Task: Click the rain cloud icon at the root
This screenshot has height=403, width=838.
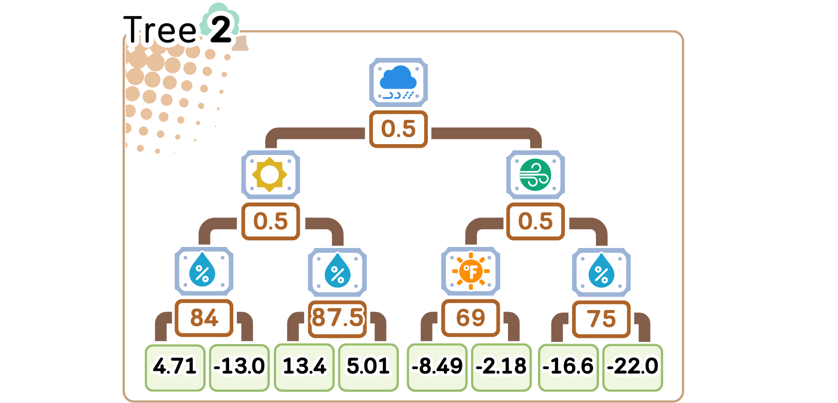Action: pyautogui.click(x=398, y=82)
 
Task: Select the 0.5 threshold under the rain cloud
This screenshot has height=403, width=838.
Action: pyautogui.click(x=398, y=129)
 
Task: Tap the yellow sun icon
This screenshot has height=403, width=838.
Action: pyautogui.click(x=270, y=175)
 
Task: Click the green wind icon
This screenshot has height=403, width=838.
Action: pyautogui.click(x=535, y=175)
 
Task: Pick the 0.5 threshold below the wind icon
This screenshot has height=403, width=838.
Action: pyautogui.click(x=535, y=221)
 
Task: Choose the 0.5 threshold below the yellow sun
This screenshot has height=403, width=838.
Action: pyautogui.click(x=270, y=221)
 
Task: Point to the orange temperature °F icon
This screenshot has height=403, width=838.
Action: pyautogui.click(x=470, y=271)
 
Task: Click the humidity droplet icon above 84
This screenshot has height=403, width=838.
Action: pyautogui.click(x=203, y=271)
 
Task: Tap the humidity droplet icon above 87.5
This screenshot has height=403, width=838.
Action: pyautogui.click(x=337, y=271)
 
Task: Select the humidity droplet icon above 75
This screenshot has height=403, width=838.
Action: pyautogui.click(x=601, y=271)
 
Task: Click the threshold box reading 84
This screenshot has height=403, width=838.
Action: pyautogui.click(x=204, y=318)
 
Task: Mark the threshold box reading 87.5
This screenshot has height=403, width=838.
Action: pyautogui.click(x=337, y=318)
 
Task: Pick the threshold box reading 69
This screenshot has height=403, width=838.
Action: pyautogui.click(x=470, y=318)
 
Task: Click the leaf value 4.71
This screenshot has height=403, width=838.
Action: pyautogui.click(x=175, y=366)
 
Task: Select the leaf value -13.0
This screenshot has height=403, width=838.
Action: pyautogui.click(x=239, y=366)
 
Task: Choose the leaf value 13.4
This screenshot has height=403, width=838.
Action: pyautogui.click(x=304, y=366)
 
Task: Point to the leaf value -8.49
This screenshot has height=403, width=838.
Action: pyautogui.click(x=437, y=366)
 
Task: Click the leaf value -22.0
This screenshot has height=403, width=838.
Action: pyautogui.click(x=633, y=366)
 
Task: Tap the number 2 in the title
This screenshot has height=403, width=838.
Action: pyautogui.click(x=221, y=29)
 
